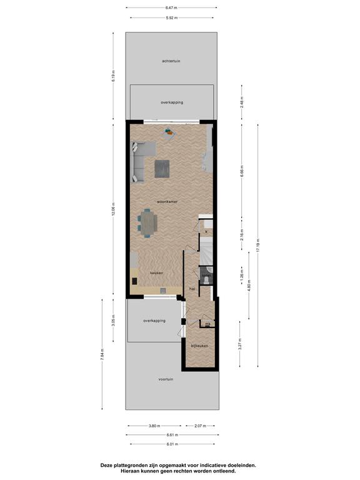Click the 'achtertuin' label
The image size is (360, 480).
[x=171, y=61]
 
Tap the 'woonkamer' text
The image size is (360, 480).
[x=167, y=202]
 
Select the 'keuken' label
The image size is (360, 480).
[x=156, y=273]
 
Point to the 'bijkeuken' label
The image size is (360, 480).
[x=199, y=346]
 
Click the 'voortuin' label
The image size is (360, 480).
[x=166, y=379]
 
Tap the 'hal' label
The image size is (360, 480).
[x=192, y=289]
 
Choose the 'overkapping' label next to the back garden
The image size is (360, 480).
[x=172, y=102]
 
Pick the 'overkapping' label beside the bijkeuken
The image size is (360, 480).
[x=154, y=321]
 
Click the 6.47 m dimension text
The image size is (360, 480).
[x=171, y=7]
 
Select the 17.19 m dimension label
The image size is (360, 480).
[x=258, y=245]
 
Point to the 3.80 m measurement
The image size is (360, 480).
[x=154, y=426]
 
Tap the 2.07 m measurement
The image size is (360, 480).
[x=200, y=426]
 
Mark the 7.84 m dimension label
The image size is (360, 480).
[x=102, y=354]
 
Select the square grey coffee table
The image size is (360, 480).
[x=162, y=169]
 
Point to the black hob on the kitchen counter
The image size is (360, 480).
[x=135, y=281]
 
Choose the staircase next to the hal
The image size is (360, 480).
[x=206, y=252]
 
